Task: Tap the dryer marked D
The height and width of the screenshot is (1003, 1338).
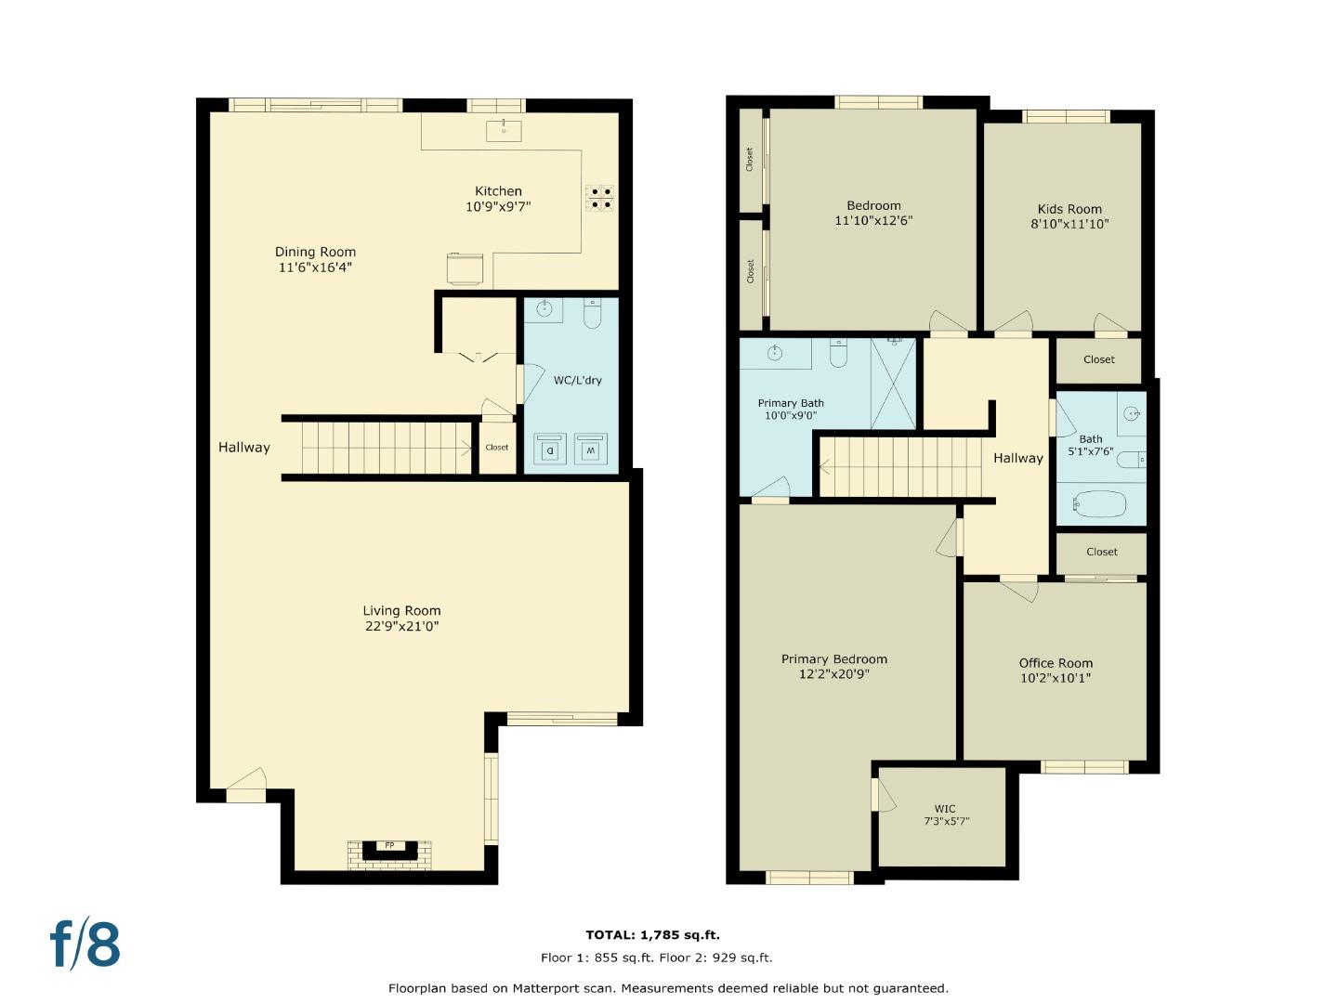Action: pyautogui.click(x=550, y=449)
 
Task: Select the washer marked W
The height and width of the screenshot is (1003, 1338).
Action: pyautogui.click(x=590, y=449)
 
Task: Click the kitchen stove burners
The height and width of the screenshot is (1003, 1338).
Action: pyautogui.click(x=599, y=199)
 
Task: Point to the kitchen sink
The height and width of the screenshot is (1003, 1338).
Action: pyautogui.click(x=504, y=130)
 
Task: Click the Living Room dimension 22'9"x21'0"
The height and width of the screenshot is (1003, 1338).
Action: pyautogui.click(x=401, y=626)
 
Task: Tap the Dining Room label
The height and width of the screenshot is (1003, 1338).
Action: pyautogui.click(x=315, y=252)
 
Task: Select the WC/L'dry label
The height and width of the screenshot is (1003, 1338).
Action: pyautogui.click(x=577, y=380)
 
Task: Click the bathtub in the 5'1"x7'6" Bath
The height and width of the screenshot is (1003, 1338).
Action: pyautogui.click(x=1099, y=504)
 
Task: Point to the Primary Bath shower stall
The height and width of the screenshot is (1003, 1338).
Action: pyautogui.click(x=893, y=384)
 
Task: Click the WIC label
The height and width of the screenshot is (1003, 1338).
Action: pyautogui.click(x=945, y=808)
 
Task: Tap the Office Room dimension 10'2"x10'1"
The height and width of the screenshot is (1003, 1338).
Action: pyautogui.click(x=1056, y=678)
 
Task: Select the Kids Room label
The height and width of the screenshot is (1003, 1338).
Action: pyautogui.click(x=1069, y=209)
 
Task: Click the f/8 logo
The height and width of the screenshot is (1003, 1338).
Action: pyautogui.click(x=85, y=944)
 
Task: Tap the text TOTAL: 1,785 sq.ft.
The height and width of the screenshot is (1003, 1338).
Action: pyautogui.click(x=652, y=935)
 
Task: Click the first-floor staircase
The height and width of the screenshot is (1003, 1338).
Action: pyautogui.click(x=386, y=448)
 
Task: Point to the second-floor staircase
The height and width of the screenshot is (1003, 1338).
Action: pyautogui.click(x=899, y=467)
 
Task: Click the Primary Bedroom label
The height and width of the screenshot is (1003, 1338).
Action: pyautogui.click(x=833, y=659)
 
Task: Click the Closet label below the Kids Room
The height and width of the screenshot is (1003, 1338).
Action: pyautogui.click(x=1098, y=359)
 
